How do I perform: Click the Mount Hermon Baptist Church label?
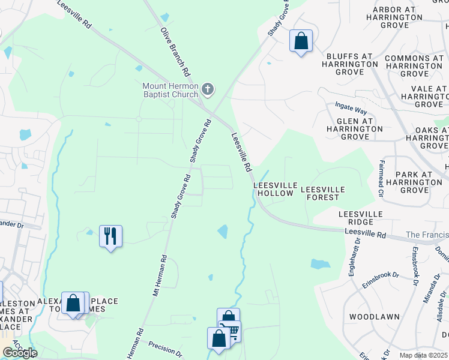(170, 90)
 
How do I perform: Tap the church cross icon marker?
(208, 89)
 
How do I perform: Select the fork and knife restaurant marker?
(110, 236)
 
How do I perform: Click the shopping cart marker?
(230, 331)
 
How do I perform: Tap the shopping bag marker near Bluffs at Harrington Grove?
(301, 41)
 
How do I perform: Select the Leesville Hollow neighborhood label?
(275, 190)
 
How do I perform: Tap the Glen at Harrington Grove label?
(349, 129)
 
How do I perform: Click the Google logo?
(19, 353)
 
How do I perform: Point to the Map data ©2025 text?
(423, 355)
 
